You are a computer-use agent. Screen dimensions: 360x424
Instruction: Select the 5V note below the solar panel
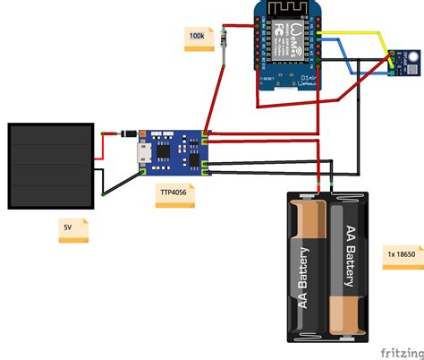[x=69, y=228]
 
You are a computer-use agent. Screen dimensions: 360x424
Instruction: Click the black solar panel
[x=51, y=160]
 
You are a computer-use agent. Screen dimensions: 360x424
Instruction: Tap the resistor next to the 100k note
[x=224, y=44]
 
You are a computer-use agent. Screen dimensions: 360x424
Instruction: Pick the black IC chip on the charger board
[x=165, y=152]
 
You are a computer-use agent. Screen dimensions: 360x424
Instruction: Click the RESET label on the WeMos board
[x=266, y=80]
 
